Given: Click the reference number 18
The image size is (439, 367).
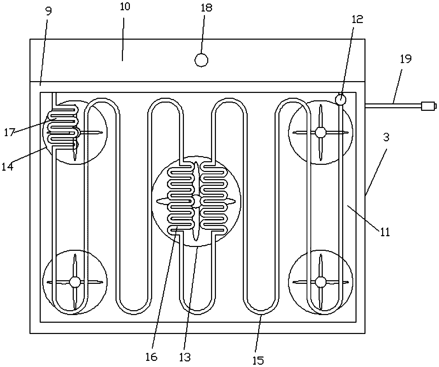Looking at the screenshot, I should pyautogui.click(x=206, y=8).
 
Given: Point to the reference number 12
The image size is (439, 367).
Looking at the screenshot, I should pyautogui.click(x=358, y=19).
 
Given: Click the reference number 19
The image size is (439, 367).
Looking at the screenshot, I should pyautogui.click(x=406, y=59).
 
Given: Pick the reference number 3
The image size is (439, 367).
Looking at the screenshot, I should pyautogui.click(x=386, y=137).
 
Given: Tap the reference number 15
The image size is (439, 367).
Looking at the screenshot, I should pyautogui.click(x=258, y=360).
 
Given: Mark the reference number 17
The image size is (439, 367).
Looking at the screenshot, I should pyautogui.click(x=9, y=133).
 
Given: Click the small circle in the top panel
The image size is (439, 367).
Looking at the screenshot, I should pyautogui.click(x=201, y=60).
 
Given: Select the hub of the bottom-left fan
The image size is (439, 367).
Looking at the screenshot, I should pyautogui.click(x=75, y=282).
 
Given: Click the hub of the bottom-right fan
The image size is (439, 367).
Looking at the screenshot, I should pyautogui.click(x=320, y=282).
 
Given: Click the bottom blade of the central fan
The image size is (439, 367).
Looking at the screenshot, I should pyautogui.click(x=196, y=225).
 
